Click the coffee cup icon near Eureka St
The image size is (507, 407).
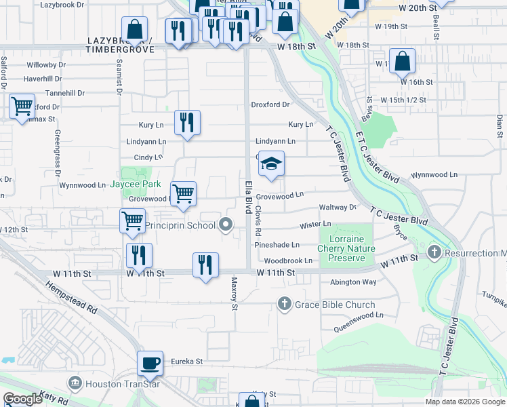(x=150, y=362)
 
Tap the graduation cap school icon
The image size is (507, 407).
(x=271, y=163)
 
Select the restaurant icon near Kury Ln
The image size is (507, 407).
(x=187, y=122)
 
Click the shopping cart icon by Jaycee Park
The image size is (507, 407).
(x=183, y=193)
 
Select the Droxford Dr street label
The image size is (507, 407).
(x=270, y=104)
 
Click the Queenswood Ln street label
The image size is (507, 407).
(x=359, y=315)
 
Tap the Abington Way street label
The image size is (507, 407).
(x=352, y=282)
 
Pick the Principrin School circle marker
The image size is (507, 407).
(x=226, y=225)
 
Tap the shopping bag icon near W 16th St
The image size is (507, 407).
(x=402, y=61)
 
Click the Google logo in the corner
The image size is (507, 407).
(x=23, y=399)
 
